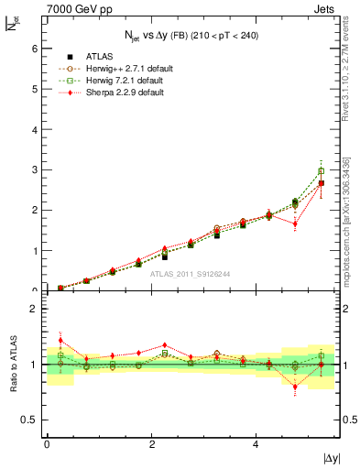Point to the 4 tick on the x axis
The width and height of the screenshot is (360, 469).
(256, 444)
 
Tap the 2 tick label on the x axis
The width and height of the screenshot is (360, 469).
(151, 444)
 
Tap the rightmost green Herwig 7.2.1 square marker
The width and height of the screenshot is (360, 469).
(322, 171)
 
